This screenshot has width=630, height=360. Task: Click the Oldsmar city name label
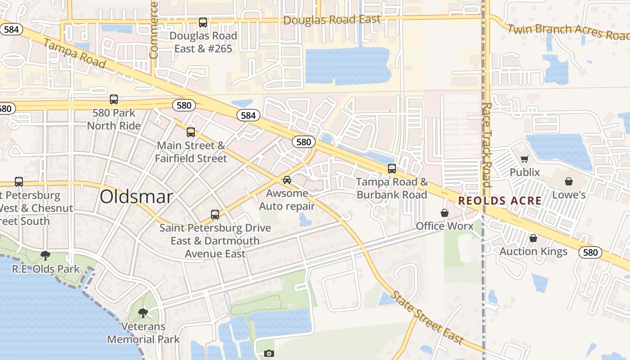click(x=136, y=197)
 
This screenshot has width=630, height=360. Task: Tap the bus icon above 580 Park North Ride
click(x=114, y=99)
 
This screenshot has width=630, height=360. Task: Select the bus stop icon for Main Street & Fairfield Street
click(x=191, y=132)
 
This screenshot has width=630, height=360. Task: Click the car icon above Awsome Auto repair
click(x=287, y=180)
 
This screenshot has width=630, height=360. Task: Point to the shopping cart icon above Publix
click(x=524, y=159)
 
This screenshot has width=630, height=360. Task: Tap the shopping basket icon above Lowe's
click(x=569, y=181)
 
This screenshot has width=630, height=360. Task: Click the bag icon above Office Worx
click(x=445, y=213)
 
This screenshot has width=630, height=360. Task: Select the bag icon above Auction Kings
click(x=533, y=238)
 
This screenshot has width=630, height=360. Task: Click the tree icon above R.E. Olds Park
click(x=45, y=256)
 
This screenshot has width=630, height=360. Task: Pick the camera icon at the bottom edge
click(x=269, y=354)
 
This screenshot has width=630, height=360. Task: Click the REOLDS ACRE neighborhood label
click(x=500, y=201)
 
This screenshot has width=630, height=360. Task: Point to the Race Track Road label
click(x=486, y=144)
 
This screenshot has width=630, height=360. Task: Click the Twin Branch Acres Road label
click(x=569, y=31)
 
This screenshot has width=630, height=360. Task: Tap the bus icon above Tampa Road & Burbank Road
click(x=392, y=169)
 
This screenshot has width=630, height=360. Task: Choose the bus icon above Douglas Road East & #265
click(x=203, y=22)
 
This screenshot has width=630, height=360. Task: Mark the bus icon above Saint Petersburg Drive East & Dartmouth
click(x=215, y=215)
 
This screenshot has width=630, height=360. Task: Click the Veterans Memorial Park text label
click(x=143, y=333)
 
